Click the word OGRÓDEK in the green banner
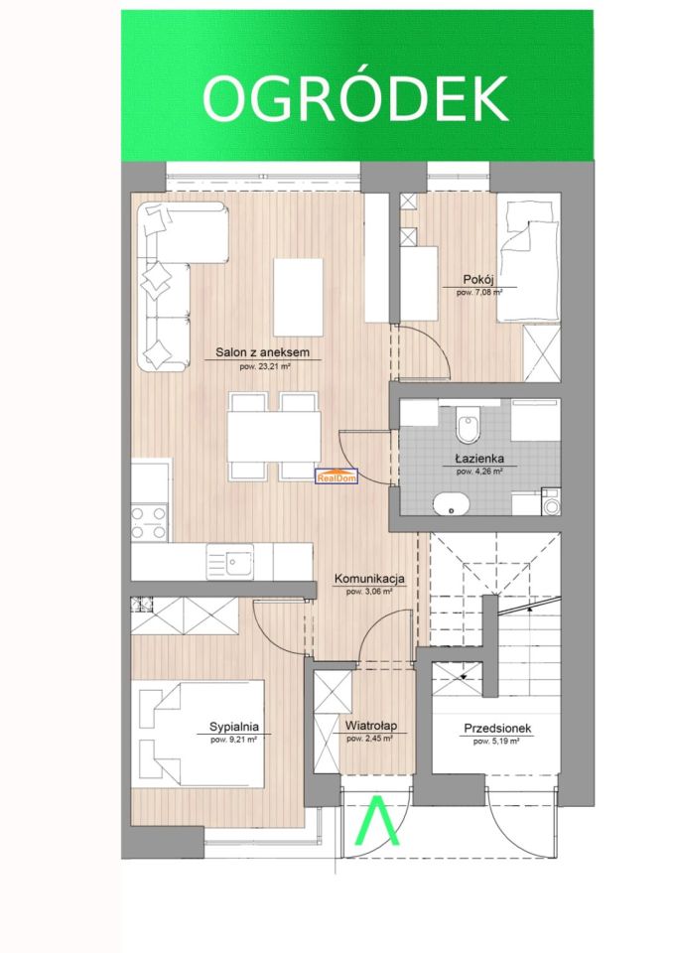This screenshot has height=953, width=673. tap(355, 98)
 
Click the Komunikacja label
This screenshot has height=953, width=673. tap(369, 579)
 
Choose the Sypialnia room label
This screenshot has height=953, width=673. tap(234, 727)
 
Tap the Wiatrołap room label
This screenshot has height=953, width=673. tap(371, 726)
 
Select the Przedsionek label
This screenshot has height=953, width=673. tap(497, 728)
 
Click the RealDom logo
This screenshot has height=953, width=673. tap(336, 476)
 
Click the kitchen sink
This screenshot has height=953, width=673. tap(230, 562)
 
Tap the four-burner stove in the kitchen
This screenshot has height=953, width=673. tap(149, 523)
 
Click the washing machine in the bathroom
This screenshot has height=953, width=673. tap(551, 502)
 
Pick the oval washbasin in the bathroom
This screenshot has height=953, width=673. tap(452, 503)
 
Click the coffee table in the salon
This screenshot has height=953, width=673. tap(298, 297)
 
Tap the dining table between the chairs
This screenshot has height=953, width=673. tap(274, 437)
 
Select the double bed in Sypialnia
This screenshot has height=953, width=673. tap(202, 734)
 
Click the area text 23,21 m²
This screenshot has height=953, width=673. tap(263, 366)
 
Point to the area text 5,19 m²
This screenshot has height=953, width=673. tap(496, 742)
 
